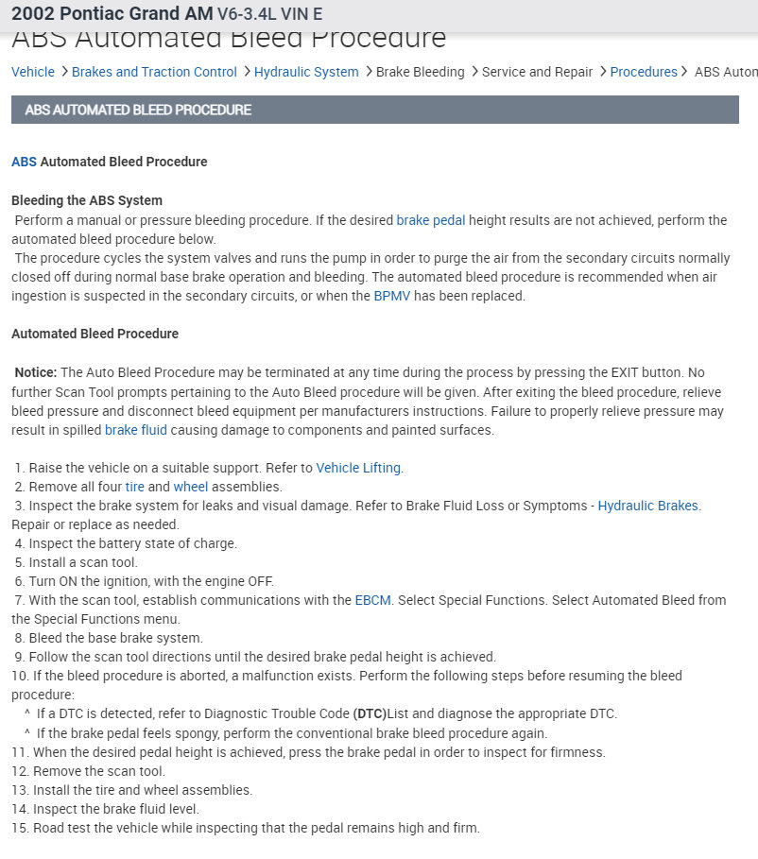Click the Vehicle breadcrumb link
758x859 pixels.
pyautogui.click(x=32, y=72)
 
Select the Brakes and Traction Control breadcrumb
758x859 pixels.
pyautogui.click(x=154, y=72)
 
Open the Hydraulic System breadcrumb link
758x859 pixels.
pyautogui.click(x=306, y=72)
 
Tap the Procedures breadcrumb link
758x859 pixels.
pyautogui.click(x=644, y=72)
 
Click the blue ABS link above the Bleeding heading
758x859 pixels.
pyautogui.click(x=24, y=162)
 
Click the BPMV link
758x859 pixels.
pyautogui.click(x=391, y=296)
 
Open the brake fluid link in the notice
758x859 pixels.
pyautogui.click(x=136, y=430)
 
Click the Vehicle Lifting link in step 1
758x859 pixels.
pyautogui.click(x=358, y=468)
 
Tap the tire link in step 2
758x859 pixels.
pyautogui.click(x=134, y=487)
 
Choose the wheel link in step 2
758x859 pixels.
pyautogui.click(x=190, y=487)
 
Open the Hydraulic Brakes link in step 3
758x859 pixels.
pyautogui.click(x=647, y=506)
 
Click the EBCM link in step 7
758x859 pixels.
pyautogui.click(x=372, y=600)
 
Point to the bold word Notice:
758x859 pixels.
pyautogui.click(x=36, y=373)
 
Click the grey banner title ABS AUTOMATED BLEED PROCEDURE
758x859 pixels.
pyautogui.click(x=138, y=110)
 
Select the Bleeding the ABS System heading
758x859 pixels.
pyautogui.click(x=87, y=200)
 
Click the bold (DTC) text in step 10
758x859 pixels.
pyautogui.click(x=369, y=713)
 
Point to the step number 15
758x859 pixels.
pyautogui.click(x=19, y=828)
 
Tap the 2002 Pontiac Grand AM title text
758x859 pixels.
pyautogui.click(x=112, y=14)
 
